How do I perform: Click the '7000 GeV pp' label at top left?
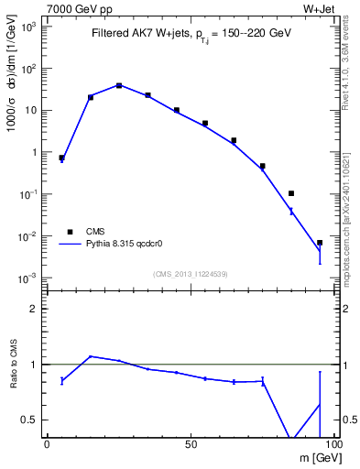[74, 9]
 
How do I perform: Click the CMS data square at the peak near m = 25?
[119, 85]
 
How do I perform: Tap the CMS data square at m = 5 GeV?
[61, 158]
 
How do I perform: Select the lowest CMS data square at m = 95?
[320, 243]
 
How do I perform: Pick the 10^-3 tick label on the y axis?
[27, 278]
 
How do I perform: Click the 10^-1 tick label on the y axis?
[27, 195]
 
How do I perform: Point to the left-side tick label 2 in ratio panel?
[35, 309]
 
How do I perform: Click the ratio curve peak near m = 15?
[91, 356]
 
